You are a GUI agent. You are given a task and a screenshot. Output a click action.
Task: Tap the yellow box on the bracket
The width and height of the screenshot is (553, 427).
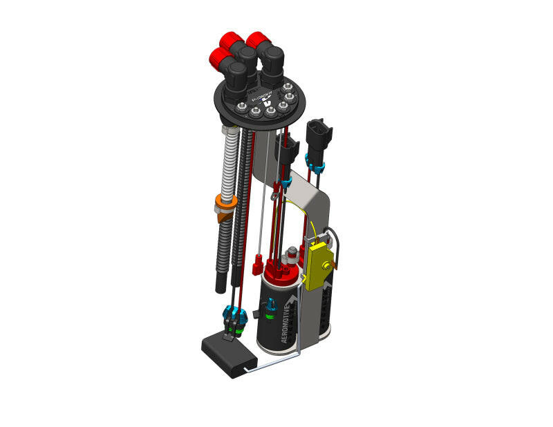[x=319, y=265]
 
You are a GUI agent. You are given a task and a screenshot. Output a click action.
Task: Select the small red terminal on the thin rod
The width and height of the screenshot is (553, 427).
[x=258, y=263]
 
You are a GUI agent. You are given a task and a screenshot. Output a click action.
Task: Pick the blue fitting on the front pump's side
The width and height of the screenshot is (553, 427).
[x=271, y=304]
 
